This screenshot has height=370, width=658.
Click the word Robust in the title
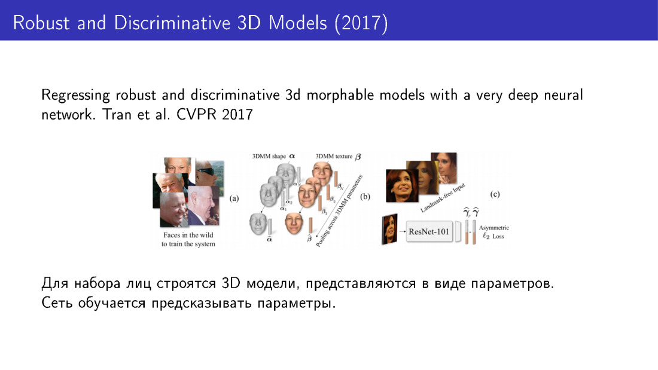[x=41, y=23]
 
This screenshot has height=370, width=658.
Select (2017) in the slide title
[x=361, y=23]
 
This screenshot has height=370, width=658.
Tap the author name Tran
[x=117, y=115]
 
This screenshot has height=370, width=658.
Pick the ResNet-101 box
[x=429, y=231]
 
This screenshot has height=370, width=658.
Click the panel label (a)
[x=234, y=198]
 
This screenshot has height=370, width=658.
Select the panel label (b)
[x=365, y=196]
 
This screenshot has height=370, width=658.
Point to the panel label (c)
[x=495, y=194]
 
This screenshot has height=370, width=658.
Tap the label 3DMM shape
[x=269, y=157]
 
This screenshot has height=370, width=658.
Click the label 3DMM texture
[x=334, y=157]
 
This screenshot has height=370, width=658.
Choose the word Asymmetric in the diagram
[x=494, y=228]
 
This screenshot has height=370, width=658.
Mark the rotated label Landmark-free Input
[x=443, y=198]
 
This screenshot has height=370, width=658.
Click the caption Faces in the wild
[x=188, y=235]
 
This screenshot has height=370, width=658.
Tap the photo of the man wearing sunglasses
[x=209, y=172]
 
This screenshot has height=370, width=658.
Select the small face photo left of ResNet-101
[x=389, y=229]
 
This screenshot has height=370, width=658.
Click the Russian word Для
[x=54, y=284]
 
